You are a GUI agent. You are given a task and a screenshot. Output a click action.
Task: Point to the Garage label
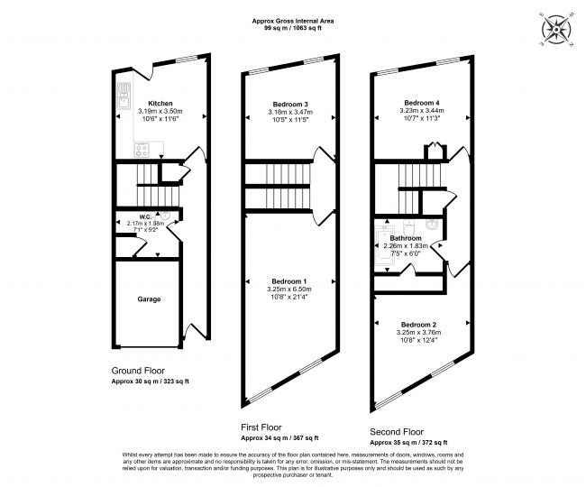tap(149, 299)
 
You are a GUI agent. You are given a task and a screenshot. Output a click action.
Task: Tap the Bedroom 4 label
tap(422, 102)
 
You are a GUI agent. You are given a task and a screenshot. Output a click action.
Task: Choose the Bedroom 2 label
tap(419, 324)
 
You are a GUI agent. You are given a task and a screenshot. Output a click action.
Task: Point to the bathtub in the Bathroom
tap(380, 244)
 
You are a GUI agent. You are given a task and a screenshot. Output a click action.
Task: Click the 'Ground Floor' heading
tap(138, 371)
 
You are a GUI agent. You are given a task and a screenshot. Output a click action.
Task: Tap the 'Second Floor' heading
tap(397, 432)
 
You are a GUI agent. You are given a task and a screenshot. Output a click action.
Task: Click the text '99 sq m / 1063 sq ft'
tap(292, 30)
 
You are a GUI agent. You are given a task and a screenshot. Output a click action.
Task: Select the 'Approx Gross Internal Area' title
tap(292, 22)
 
